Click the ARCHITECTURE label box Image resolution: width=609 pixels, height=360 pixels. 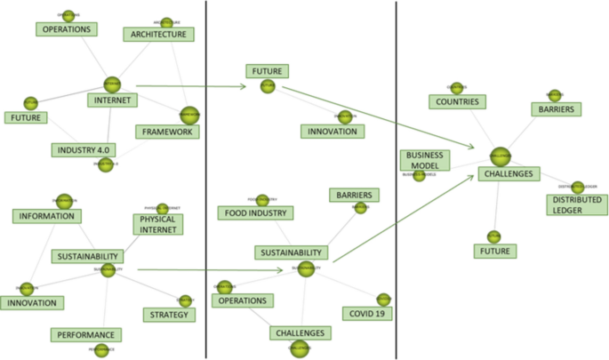[158, 35]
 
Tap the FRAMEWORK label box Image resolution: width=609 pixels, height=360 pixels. [167, 132]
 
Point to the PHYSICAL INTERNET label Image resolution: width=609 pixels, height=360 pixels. [158, 223]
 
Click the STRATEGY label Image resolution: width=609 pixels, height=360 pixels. [168, 315]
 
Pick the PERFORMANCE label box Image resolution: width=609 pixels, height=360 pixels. [85, 335]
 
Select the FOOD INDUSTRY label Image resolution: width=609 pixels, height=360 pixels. [256, 213]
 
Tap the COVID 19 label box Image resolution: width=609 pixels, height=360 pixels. [367, 313]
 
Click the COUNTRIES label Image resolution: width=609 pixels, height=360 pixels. [458, 102]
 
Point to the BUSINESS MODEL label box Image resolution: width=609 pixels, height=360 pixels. [425, 160]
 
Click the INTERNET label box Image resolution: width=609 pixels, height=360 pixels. [112, 100]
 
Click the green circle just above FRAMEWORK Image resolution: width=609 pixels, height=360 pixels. [188, 115]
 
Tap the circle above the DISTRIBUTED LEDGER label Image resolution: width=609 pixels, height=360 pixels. [578, 188]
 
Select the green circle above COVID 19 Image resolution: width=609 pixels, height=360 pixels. [383, 299]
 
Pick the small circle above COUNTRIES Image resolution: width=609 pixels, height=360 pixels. [456, 87]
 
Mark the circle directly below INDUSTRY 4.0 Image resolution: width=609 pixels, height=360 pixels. [105, 164]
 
